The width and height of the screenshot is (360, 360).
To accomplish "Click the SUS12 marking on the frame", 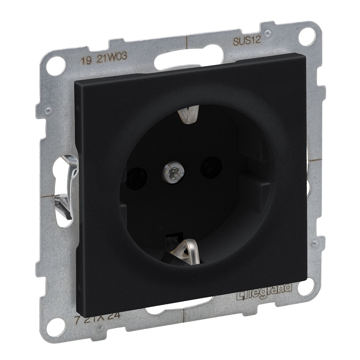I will coord(246,40).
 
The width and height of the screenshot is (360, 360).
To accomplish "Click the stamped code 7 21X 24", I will coord(97,315).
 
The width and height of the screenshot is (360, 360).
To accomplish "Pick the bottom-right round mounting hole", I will coord(305,287).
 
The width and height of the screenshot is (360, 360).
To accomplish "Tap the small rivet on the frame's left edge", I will coord(48,111).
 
